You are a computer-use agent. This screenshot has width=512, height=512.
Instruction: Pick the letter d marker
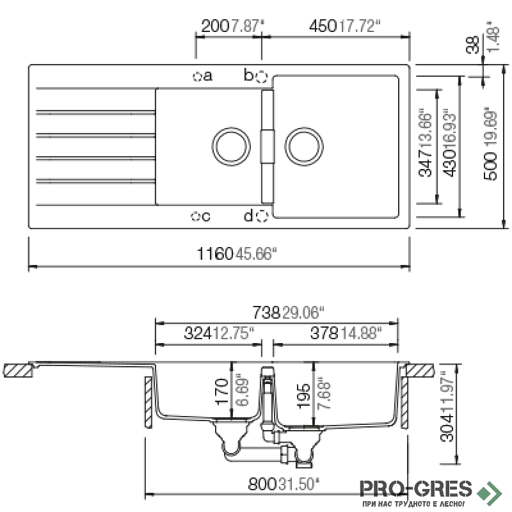248,216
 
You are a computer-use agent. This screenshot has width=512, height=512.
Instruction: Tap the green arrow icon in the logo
492,491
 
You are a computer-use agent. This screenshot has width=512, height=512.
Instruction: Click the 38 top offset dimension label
472,45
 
